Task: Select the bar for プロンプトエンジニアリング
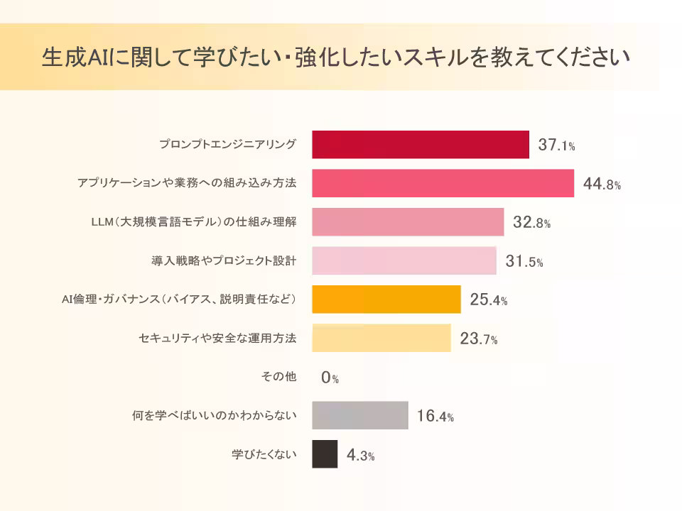coord(421,145)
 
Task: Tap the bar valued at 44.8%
coord(443,183)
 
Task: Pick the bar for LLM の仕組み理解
coord(408,222)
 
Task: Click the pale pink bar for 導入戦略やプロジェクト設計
coord(404,260)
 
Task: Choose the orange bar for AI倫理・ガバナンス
coord(386,299)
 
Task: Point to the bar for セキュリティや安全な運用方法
coord(381,338)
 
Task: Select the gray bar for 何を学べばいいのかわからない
coord(359,415)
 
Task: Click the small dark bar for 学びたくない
coord(325,454)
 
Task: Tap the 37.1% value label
coord(556,145)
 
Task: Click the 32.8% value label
coord(531,223)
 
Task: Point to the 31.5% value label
coord(524,262)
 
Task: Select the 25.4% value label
coord(488,300)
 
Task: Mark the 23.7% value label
coord(478,339)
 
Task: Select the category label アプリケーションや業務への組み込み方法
coord(187,183)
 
